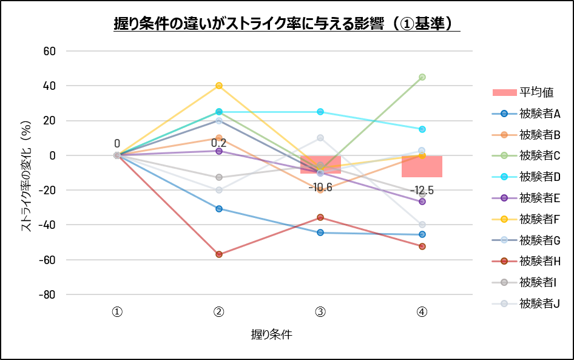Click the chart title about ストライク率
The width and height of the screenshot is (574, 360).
click(286, 24)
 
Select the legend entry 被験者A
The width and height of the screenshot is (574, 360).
click(526, 114)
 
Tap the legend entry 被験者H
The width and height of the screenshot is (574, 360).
click(526, 261)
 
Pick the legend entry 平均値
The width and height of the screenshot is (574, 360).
click(523, 92)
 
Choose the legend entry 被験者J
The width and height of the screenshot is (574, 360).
click(526, 303)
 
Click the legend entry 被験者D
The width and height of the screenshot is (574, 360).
click(526, 177)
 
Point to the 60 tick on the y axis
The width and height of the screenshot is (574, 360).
click(49, 51)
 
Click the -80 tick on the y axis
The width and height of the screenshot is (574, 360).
click(47, 294)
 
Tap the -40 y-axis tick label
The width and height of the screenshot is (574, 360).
click(47, 225)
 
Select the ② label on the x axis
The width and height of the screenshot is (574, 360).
click(219, 312)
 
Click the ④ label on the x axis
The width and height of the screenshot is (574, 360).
click(422, 312)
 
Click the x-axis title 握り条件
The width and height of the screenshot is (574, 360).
click(271, 335)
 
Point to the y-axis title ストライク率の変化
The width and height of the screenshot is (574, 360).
click(26, 176)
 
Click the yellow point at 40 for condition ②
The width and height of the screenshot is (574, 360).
click(219, 86)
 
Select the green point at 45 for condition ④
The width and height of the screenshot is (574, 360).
click(422, 77)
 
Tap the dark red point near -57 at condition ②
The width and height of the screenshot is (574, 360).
click(219, 254)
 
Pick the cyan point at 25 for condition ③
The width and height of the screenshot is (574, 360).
click(320, 112)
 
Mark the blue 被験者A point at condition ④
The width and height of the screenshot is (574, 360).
click(422, 234)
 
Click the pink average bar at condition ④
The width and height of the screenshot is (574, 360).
click(422, 166)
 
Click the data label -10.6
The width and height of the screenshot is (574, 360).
click(320, 188)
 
